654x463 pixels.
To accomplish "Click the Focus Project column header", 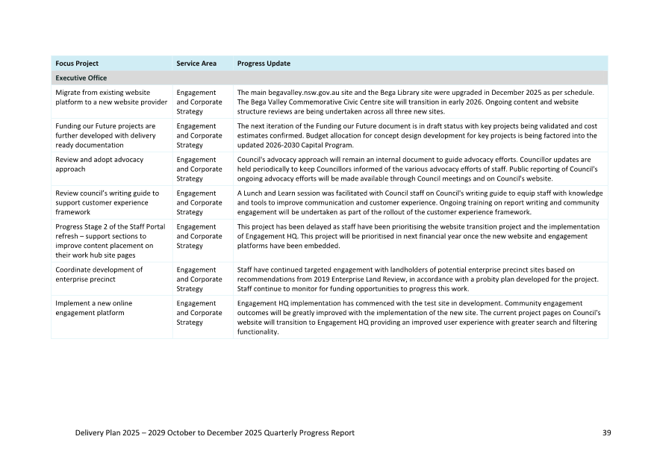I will tap(77, 63).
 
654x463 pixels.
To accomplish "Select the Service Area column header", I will tap(196, 63).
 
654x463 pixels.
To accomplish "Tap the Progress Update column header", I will tap(264, 63).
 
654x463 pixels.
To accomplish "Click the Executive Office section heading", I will tap(81, 78).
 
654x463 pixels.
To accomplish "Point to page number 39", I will tap(606, 433).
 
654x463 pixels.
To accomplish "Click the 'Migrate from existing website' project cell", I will tap(111, 97).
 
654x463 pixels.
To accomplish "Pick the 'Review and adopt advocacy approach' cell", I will tap(99, 164).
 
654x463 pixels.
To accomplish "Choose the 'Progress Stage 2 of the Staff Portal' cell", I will tap(110, 240).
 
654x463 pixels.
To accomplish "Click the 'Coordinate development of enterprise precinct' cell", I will tap(99, 274).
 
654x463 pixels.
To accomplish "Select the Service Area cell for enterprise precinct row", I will tap(199, 279).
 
